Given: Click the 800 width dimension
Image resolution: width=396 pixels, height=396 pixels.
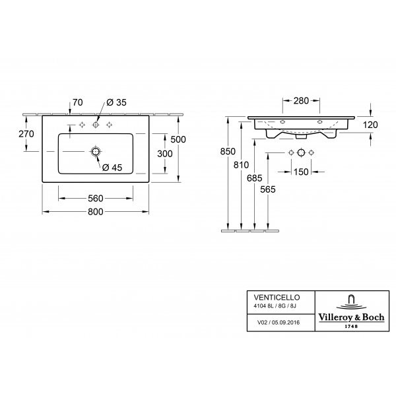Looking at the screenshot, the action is pyautogui.click(x=96, y=212).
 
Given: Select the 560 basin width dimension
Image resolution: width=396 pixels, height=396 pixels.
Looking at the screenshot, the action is pyautogui.click(x=96, y=199).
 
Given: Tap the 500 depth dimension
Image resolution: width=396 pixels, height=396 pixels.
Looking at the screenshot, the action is pyautogui.click(x=178, y=139).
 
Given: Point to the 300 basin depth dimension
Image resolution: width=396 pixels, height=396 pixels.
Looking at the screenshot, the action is pyautogui.click(x=164, y=154).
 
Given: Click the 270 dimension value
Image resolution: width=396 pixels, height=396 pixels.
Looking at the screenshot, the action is pyautogui.click(x=26, y=134).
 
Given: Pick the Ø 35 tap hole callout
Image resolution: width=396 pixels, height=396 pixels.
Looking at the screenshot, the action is pyautogui.click(x=116, y=102).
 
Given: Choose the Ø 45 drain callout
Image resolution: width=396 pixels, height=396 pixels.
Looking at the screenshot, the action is pyautogui.click(x=112, y=168).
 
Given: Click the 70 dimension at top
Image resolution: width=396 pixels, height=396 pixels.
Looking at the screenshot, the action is pyautogui.click(x=77, y=102).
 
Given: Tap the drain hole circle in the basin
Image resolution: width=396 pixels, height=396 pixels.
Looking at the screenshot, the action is pyautogui.click(x=96, y=151).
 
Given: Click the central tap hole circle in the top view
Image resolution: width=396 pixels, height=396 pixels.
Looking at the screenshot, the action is pyautogui.click(x=96, y=125).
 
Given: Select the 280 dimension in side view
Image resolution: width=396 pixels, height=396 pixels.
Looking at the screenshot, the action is pyautogui.click(x=301, y=101).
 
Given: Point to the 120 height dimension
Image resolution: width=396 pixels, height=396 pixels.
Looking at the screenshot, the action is pyautogui.click(x=370, y=125).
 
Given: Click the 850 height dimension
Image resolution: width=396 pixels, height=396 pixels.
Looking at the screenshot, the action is pyautogui.click(x=228, y=152).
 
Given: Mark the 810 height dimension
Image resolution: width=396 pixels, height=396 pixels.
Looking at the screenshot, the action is pyautogui.click(x=241, y=165).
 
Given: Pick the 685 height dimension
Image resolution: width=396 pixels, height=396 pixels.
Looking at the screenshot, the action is pyautogui.click(x=254, y=178).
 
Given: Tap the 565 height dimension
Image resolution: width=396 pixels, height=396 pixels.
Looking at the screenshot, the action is pyautogui.click(x=268, y=189).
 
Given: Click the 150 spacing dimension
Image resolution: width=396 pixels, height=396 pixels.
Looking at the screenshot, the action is pyautogui.click(x=301, y=172).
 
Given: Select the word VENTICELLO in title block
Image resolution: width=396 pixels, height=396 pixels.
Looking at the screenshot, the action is pyautogui.click(x=277, y=298).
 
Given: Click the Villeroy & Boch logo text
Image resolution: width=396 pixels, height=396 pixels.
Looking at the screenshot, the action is pyautogui.click(x=351, y=317).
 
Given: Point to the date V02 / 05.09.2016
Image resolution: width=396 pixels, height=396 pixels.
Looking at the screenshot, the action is pyautogui.click(x=279, y=323).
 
